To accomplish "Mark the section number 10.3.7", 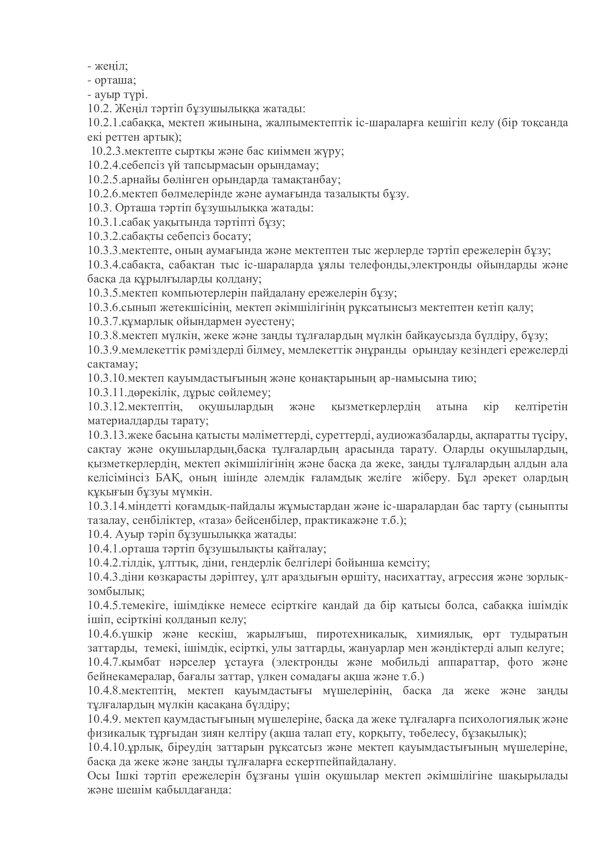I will coord(104,321).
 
